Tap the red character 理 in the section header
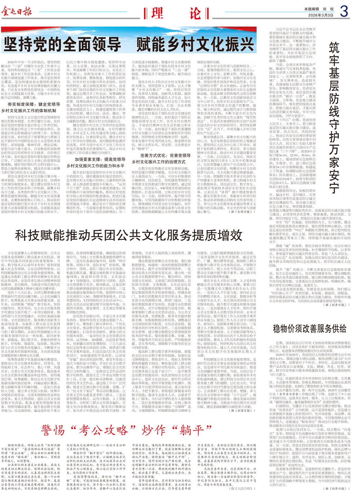coord(157,13)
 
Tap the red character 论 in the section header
coord(195,13)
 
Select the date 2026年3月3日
coord(321,15)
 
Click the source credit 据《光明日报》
coord(242,211)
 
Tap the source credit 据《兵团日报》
coord(242,410)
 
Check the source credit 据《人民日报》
coord(242,488)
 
